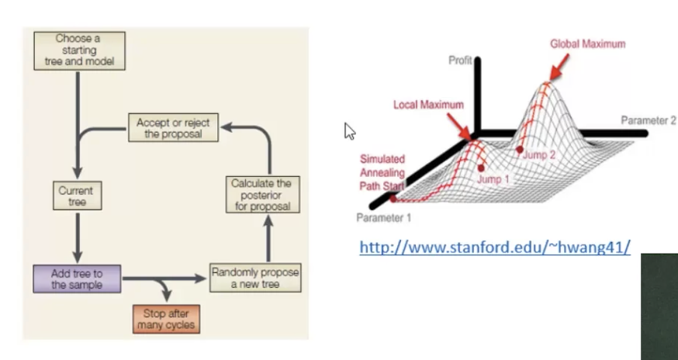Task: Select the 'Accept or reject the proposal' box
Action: click(x=173, y=128)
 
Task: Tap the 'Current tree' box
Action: click(x=75, y=196)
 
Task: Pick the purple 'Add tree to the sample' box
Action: click(x=77, y=279)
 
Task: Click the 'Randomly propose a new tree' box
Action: click(x=254, y=279)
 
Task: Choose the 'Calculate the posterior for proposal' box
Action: click(x=261, y=195)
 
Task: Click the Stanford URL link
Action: click(x=493, y=247)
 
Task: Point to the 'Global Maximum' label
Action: click(x=587, y=44)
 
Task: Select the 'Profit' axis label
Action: click(x=460, y=60)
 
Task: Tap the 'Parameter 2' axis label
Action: click(x=649, y=121)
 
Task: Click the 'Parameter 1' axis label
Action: click(x=382, y=217)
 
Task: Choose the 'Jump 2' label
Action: click(x=540, y=154)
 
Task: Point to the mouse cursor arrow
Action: click(x=349, y=131)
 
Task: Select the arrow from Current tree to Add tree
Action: click(x=76, y=236)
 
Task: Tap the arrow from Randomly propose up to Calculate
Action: click(x=269, y=238)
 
